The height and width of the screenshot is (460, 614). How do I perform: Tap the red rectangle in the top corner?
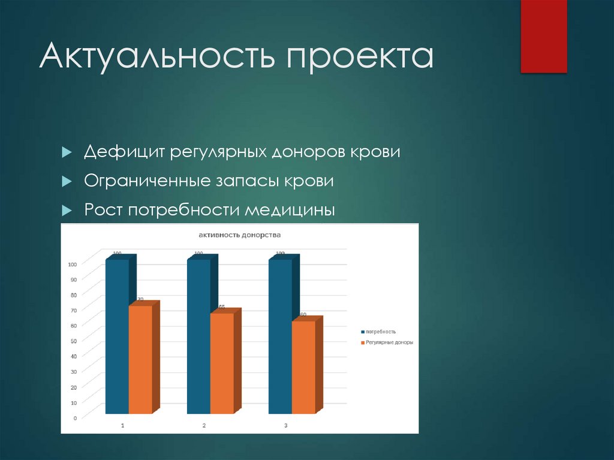[543, 36]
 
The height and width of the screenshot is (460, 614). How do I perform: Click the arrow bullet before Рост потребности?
[67, 211]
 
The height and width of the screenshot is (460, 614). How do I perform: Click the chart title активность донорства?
[240, 235]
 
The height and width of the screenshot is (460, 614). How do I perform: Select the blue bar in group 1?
[117, 336]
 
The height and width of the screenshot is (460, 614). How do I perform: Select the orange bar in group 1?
[140, 360]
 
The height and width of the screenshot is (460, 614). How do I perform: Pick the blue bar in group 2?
[198, 336]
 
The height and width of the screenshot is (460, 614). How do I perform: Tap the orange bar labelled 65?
[222, 363]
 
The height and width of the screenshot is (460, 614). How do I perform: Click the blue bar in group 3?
[280, 336]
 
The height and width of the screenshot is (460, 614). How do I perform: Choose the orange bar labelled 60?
[303, 367]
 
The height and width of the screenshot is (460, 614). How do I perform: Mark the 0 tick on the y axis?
[74, 418]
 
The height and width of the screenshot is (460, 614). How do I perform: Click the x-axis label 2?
[204, 425]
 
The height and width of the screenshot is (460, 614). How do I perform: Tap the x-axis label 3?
[285, 425]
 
